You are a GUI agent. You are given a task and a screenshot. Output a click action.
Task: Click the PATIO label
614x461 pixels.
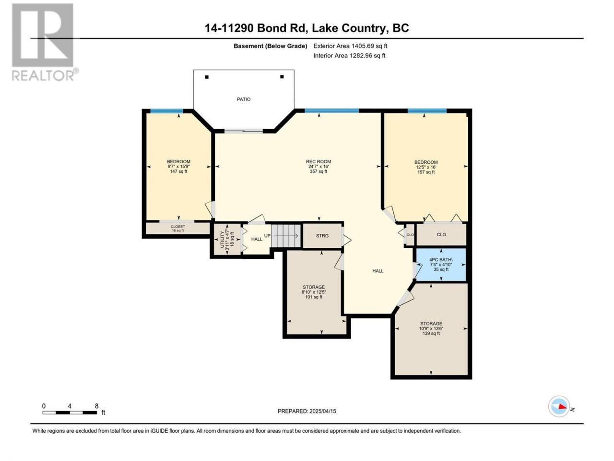(x=243, y=99)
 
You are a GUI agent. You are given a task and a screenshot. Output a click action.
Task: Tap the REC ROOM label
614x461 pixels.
(x=319, y=161)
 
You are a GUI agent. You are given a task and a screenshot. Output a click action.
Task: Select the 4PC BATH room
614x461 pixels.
(x=441, y=265)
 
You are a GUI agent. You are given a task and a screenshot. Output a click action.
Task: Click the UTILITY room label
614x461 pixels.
(x=222, y=239)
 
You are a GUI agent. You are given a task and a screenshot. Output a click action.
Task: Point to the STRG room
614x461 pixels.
(x=322, y=235)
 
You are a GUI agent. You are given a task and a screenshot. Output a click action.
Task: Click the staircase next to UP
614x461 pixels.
(x=286, y=236)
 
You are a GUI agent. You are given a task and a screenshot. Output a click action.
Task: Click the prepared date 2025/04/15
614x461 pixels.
(x=322, y=411)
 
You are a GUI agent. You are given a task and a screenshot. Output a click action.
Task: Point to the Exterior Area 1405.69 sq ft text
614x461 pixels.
(x=350, y=46)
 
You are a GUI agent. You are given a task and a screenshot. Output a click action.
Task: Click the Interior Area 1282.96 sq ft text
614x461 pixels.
(x=349, y=55)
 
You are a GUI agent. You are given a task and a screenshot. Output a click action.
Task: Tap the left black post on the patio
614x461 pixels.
(x=207, y=77)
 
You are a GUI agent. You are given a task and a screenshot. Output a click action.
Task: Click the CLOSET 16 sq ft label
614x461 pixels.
(x=177, y=229)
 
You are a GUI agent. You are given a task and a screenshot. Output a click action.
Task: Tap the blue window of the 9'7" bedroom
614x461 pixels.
(x=167, y=111)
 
